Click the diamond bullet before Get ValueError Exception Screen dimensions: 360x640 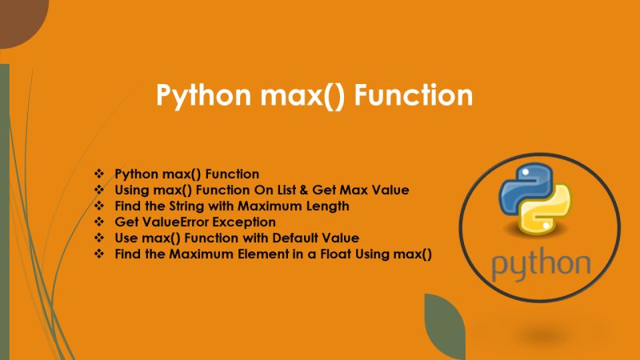[99, 222]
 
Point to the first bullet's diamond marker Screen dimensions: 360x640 [99, 174]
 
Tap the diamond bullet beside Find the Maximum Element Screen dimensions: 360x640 [99, 254]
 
